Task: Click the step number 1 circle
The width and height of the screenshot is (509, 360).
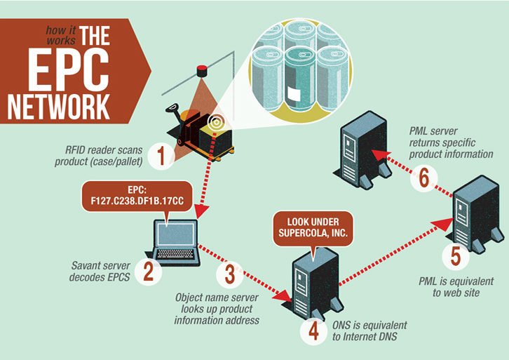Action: [161, 156]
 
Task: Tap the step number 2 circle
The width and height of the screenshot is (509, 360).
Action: [149, 272]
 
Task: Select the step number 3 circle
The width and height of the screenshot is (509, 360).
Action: [230, 274]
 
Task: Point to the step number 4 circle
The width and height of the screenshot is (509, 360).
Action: [313, 331]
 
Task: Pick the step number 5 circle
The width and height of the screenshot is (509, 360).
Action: [456, 256]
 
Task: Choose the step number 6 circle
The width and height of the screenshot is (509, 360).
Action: [424, 178]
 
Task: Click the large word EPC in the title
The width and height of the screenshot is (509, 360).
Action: [68, 69]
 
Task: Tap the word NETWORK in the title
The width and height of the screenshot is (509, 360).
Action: [59, 107]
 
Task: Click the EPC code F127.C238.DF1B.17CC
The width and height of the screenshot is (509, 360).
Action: [137, 201]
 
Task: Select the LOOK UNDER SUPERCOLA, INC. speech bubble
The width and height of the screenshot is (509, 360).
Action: [313, 228]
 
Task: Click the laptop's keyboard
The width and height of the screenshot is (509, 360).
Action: [175, 254]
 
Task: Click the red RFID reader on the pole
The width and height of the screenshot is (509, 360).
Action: [202, 71]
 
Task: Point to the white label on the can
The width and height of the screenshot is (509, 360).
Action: [294, 95]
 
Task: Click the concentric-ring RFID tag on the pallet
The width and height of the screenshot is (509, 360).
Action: [216, 123]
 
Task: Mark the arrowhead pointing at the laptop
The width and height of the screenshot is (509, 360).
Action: [202, 211]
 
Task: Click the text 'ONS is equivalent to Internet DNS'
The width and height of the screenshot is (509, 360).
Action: [369, 331]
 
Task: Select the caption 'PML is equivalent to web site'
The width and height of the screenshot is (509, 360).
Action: [456, 287]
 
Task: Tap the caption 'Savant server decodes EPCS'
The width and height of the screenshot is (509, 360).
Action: [100, 272]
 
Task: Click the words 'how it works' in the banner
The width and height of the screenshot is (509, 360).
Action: [61, 35]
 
